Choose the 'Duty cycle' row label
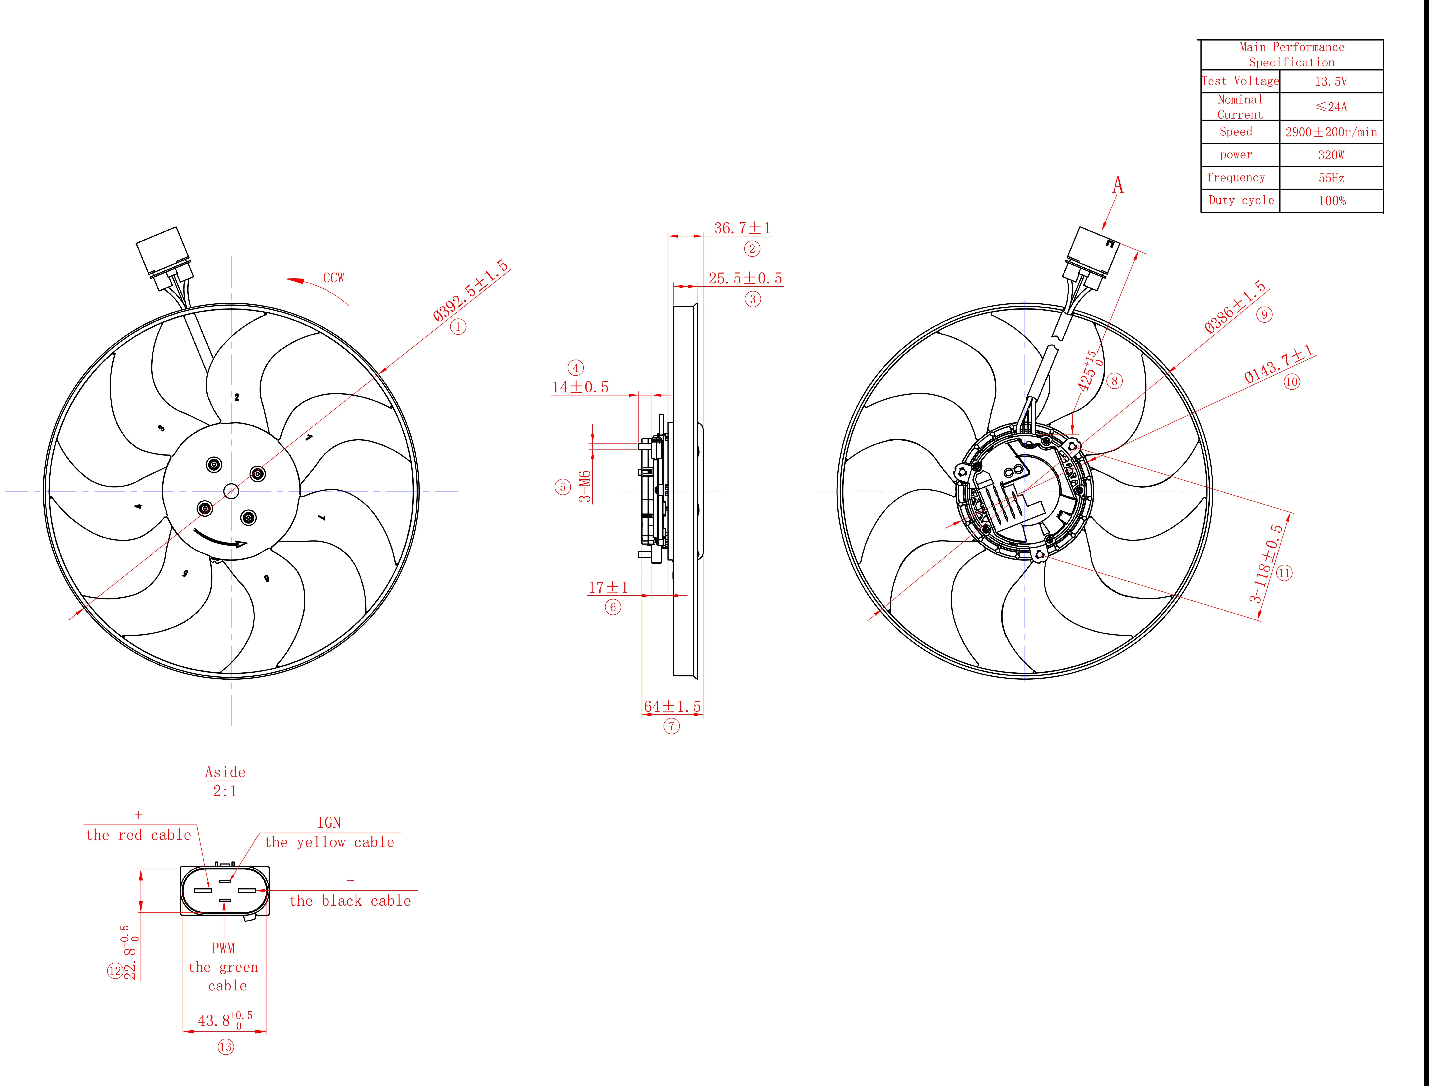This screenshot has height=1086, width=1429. pyautogui.click(x=1241, y=200)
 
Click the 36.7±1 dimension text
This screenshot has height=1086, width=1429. pyautogui.click(x=742, y=228)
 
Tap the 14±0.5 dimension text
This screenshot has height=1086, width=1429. pyautogui.click(x=580, y=387)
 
